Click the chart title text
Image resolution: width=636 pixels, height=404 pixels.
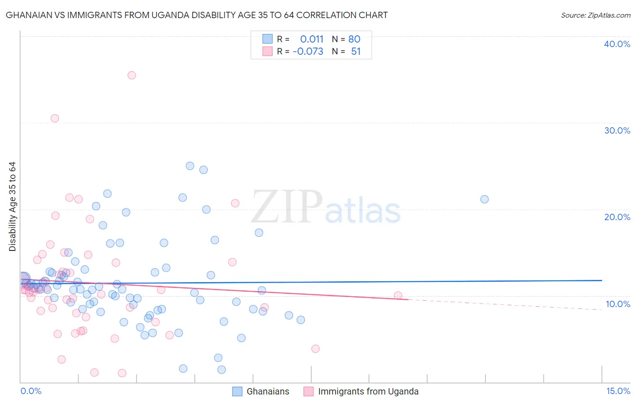[x=197, y=15]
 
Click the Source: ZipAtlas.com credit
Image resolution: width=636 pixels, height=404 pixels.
[x=595, y=15]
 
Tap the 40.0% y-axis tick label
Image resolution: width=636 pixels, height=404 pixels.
[x=617, y=44]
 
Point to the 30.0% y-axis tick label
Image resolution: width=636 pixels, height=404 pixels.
[x=617, y=130]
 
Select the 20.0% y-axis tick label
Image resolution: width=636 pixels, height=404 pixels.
[x=617, y=217]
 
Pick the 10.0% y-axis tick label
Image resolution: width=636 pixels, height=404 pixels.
[x=617, y=304]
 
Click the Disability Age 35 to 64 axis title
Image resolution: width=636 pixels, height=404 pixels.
[x=13, y=207]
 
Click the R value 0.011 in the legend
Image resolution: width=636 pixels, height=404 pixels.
[x=312, y=39]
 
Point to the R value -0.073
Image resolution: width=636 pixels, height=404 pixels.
[x=308, y=52]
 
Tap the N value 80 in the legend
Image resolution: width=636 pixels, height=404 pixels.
[x=354, y=39]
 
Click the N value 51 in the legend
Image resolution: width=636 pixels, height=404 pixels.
[x=356, y=52]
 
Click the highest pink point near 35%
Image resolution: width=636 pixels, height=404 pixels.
[x=132, y=75]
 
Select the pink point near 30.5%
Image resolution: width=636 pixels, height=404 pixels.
[x=55, y=118]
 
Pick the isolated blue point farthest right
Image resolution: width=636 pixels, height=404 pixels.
[x=484, y=199]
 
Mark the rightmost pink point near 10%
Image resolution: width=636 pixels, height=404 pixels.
[x=398, y=296]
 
